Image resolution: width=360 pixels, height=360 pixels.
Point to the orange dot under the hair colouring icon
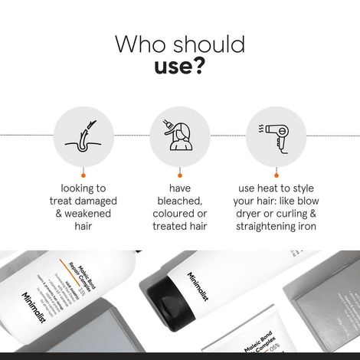(179, 174)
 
